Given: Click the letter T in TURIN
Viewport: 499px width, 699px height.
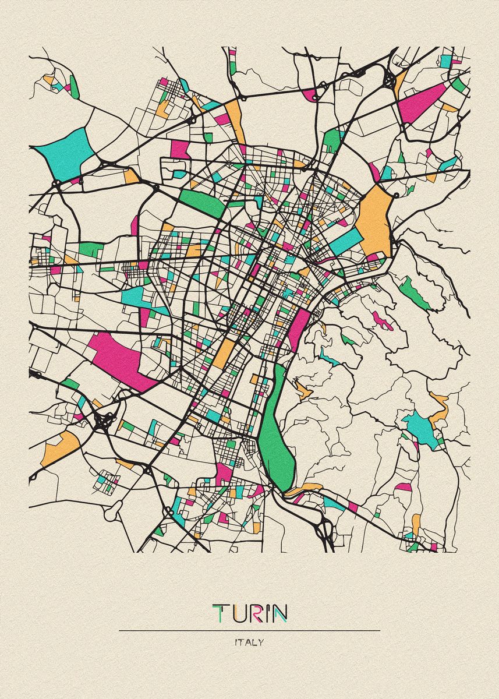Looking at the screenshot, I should pos(220,613).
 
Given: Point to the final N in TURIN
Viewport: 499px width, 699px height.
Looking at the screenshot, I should pos(279,613).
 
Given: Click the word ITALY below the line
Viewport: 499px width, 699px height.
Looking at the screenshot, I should pos(249,642).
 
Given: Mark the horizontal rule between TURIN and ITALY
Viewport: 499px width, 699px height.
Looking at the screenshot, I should pos(249,630).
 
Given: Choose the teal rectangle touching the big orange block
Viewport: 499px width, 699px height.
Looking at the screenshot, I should pos(347,241).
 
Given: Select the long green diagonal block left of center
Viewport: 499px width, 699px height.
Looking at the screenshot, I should pos(201,202).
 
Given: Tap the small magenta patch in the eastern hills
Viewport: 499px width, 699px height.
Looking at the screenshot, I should pos(382,320).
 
